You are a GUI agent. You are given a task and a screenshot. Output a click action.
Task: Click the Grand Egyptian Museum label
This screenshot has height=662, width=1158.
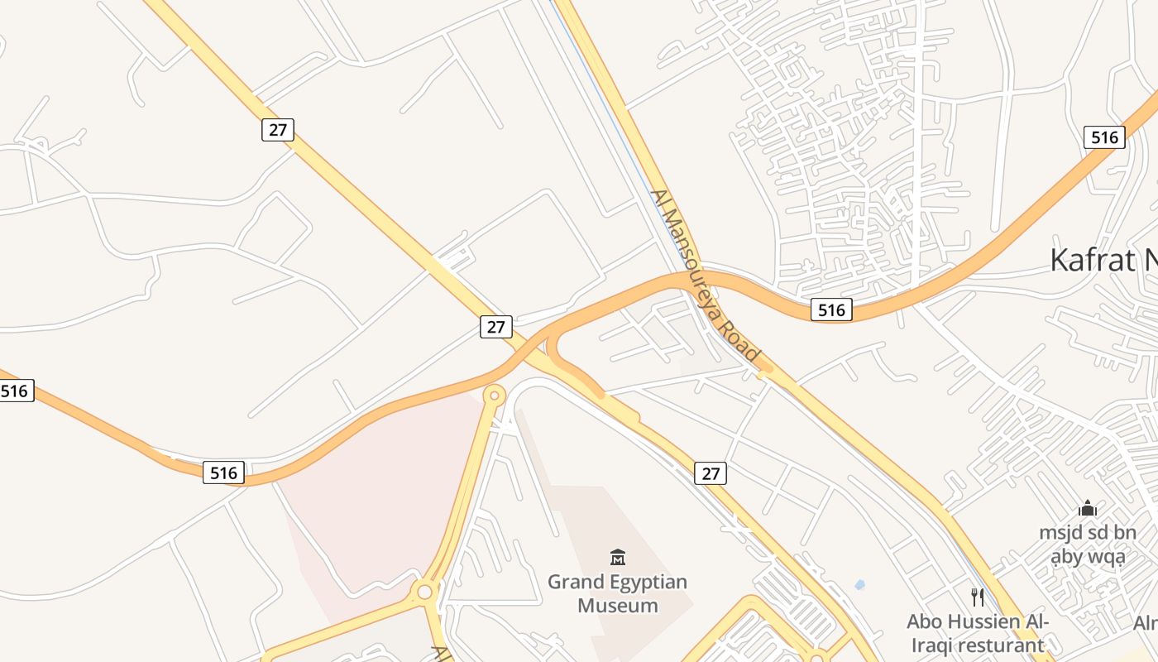coord(618,593)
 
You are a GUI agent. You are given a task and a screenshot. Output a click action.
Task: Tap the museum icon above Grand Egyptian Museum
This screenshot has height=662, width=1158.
coord(618,557)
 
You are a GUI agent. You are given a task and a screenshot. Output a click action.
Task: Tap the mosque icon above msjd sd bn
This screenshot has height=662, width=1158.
coord(1088,507)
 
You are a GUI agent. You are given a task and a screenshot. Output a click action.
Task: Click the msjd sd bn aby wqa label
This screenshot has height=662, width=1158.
coord(1088,544)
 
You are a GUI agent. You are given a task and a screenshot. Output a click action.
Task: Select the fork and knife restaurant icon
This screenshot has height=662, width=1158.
coord(978,597)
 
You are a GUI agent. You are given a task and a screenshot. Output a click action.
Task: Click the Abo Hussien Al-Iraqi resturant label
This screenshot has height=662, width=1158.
coord(978,633)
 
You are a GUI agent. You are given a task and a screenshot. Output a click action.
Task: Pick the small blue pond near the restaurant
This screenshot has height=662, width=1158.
coord(859,584)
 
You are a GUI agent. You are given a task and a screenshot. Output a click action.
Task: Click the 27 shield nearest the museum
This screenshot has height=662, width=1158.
coord(711,473)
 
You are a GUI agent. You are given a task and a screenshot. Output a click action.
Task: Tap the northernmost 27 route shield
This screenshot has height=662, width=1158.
coord(278,129)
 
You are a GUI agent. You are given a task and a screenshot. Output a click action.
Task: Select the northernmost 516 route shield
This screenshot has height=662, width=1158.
coord(1104,137)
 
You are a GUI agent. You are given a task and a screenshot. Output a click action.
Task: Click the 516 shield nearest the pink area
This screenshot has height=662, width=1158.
coord(223,473)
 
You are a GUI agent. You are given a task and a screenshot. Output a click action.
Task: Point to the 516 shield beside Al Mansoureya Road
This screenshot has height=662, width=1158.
coord(831,309)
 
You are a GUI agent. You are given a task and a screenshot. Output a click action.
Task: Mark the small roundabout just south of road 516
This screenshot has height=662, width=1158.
coord(495,396)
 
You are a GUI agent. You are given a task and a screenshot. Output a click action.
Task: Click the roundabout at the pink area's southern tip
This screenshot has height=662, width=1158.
coord(425,592)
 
